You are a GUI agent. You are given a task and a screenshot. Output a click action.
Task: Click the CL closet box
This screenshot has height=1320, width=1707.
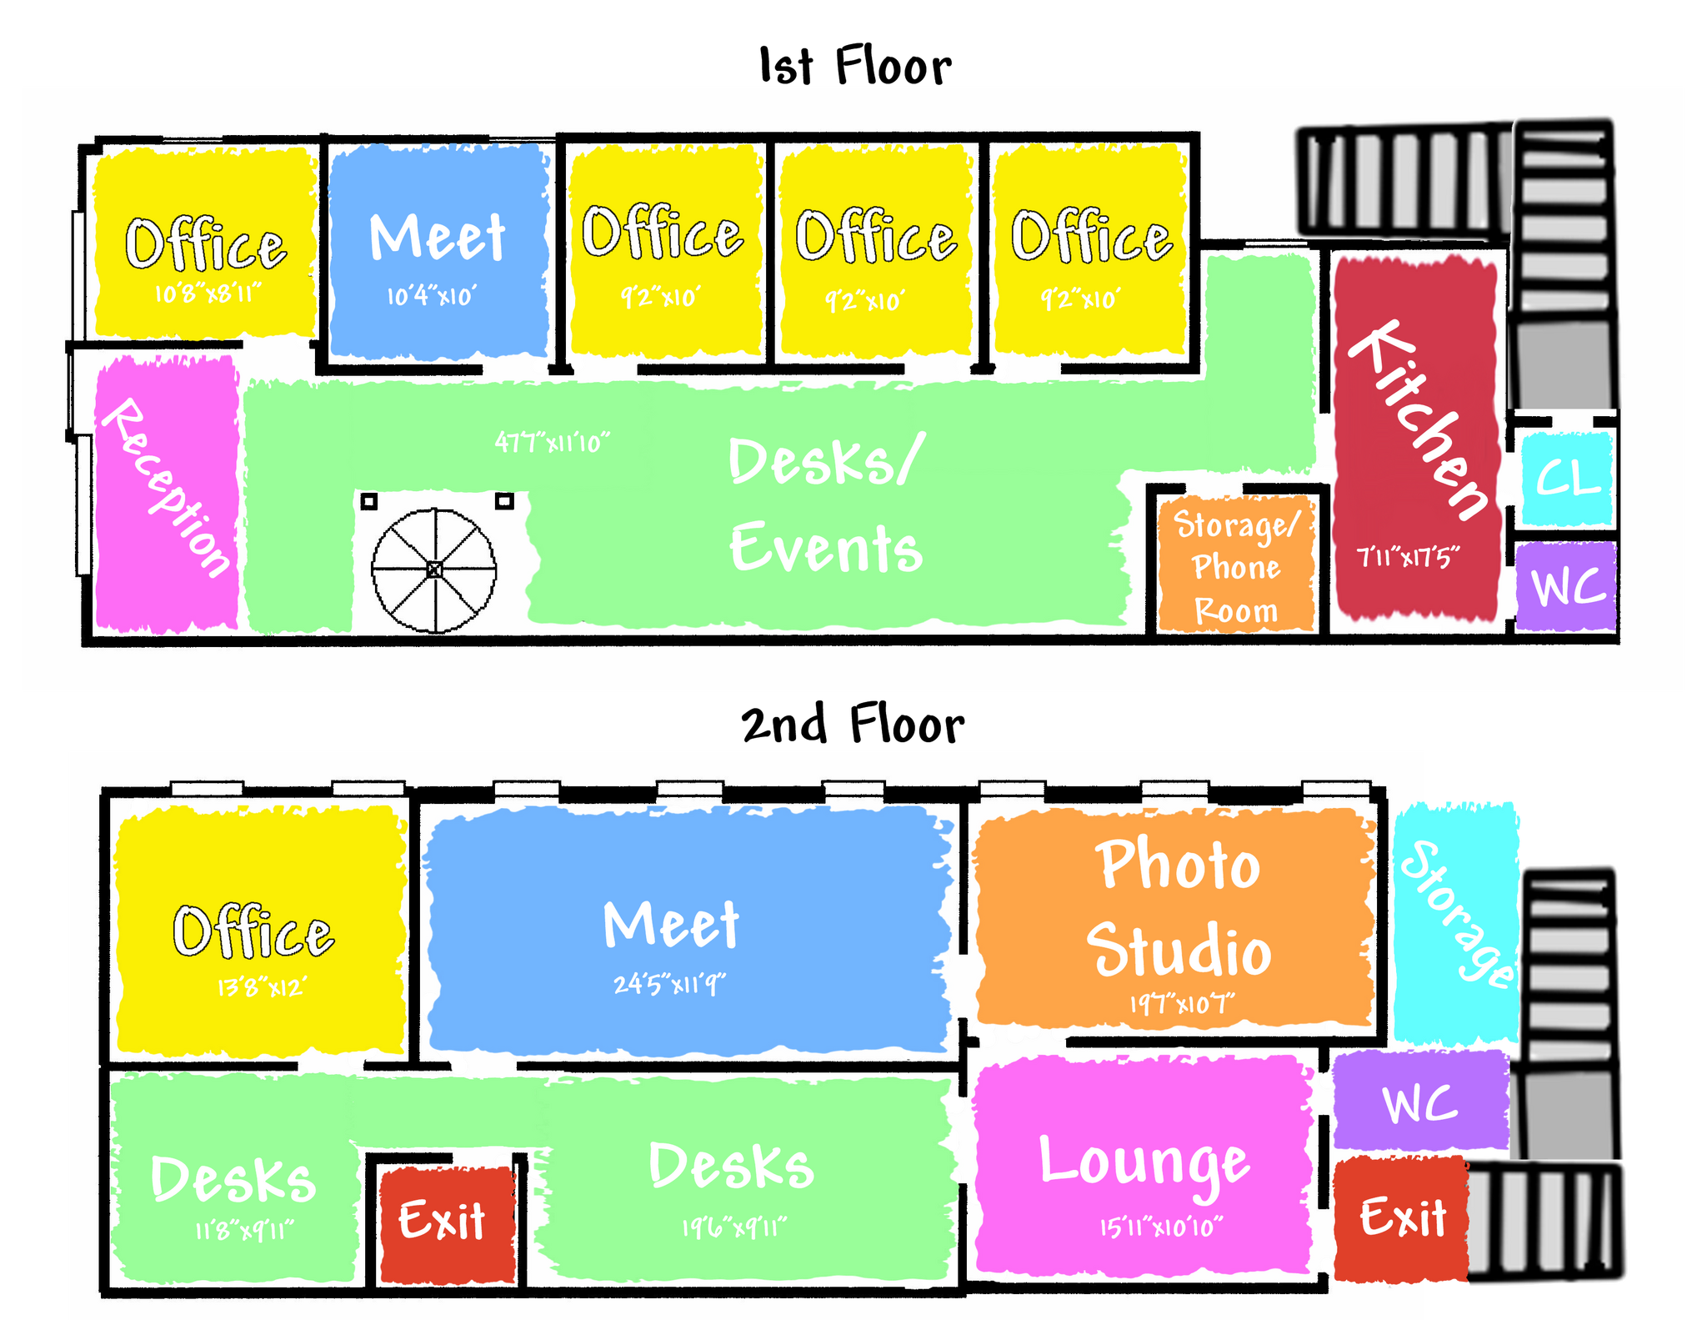pos(1568,479)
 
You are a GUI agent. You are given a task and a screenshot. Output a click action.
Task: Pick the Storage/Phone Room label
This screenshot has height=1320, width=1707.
pos(1236,567)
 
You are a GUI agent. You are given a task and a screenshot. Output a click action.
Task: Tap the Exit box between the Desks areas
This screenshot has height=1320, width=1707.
pos(443,1221)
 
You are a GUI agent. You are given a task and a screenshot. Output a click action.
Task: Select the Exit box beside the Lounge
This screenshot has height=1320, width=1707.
pos(1403,1217)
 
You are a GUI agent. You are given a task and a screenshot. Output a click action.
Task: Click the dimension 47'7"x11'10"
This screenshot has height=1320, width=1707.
pos(552,442)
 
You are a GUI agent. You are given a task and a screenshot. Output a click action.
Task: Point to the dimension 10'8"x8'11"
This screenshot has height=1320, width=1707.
pos(208,293)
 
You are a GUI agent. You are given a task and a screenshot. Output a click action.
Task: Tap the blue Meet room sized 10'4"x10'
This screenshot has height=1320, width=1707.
pos(438,250)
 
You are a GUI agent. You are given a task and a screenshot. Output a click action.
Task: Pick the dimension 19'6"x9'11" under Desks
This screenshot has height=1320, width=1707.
pos(733,1227)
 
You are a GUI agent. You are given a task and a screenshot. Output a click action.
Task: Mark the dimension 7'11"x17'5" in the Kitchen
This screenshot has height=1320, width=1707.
pos(1408,557)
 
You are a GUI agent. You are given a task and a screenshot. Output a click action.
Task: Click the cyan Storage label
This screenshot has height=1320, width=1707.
pos(1457,913)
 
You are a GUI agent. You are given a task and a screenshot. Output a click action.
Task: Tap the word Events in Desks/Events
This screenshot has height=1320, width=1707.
pos(826,548)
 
